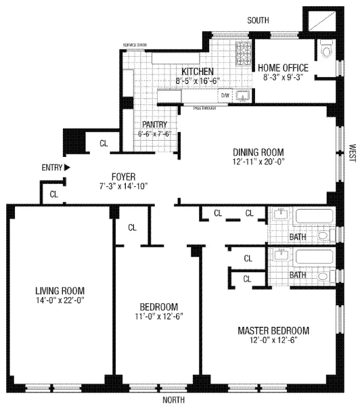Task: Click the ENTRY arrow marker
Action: coord(67,166)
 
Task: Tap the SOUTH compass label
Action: coord(258,21)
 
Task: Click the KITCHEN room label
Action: coord(197,71)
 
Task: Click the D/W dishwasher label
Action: coord(225,96)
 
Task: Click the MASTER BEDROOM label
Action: coord(273,330)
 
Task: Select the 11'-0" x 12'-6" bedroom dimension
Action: coord(159,315)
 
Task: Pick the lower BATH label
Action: coord(298,275)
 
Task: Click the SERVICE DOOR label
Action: coord(134,45)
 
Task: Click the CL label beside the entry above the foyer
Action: coord(104,143)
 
